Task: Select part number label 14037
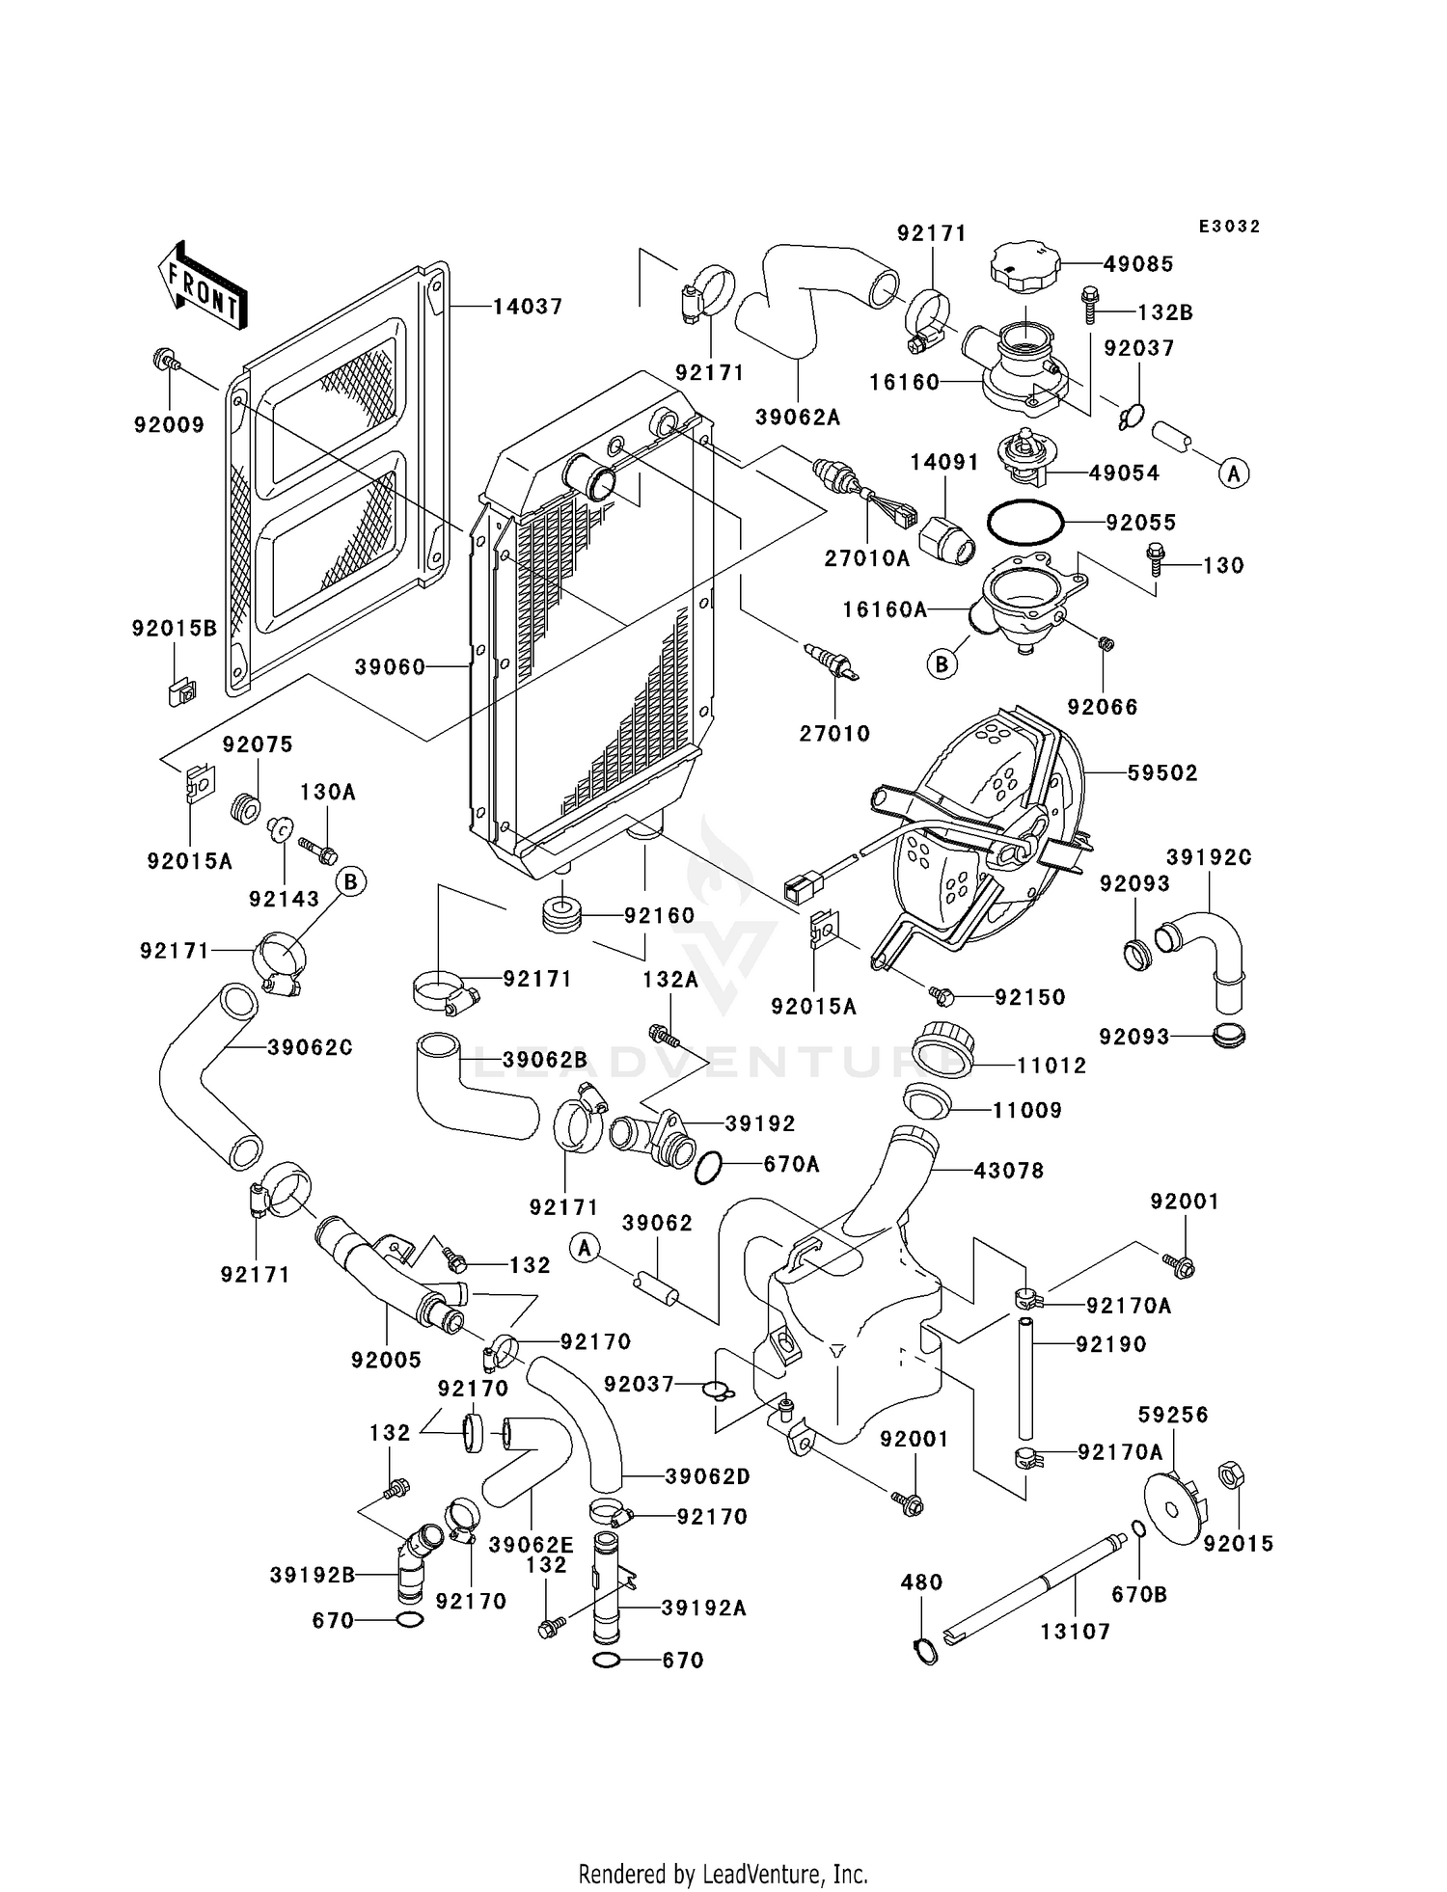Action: tap(528, 307)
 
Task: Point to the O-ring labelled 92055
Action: tap(1024, 523)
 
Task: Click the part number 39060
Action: tap(390, 666)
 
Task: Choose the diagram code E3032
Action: tap(1229, 227)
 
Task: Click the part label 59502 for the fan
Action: tap(1162, 772)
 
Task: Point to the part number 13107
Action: tap(1075, 1632)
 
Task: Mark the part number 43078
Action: tap(1009, 1171)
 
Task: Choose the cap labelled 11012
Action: tap(939, 1044)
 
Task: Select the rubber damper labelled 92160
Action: tap(560, 914)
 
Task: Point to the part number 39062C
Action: tap(310, 1047)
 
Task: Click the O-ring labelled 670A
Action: tap(708, 1166)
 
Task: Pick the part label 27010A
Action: tap(867, 557)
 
